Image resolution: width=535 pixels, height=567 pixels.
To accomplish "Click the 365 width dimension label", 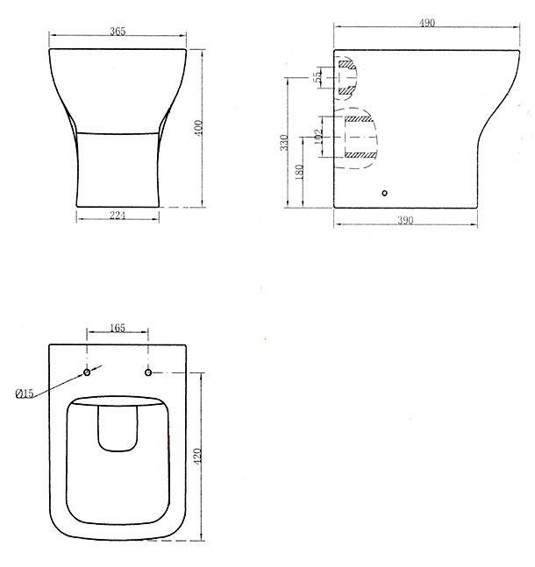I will [x=118, y=32].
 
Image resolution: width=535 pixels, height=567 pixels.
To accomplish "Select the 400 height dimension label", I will [x=199, y=128].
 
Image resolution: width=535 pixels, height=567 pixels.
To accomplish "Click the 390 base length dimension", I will [x=405, y=222].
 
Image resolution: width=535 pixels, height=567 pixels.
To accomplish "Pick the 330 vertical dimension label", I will [x=283, y=143].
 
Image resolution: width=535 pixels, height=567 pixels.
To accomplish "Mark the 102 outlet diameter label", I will [x=318, y=138].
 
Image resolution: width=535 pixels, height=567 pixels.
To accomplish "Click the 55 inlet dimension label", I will [x=317, y=78].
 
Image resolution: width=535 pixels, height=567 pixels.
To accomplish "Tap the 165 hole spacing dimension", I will [x=118, y=328].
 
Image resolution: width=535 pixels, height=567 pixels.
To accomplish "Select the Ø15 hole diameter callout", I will [x=25, y=393].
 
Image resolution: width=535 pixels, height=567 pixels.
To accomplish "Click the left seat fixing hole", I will [x=87, y=373].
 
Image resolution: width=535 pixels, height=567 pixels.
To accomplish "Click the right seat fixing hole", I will [x=148, y=373].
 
